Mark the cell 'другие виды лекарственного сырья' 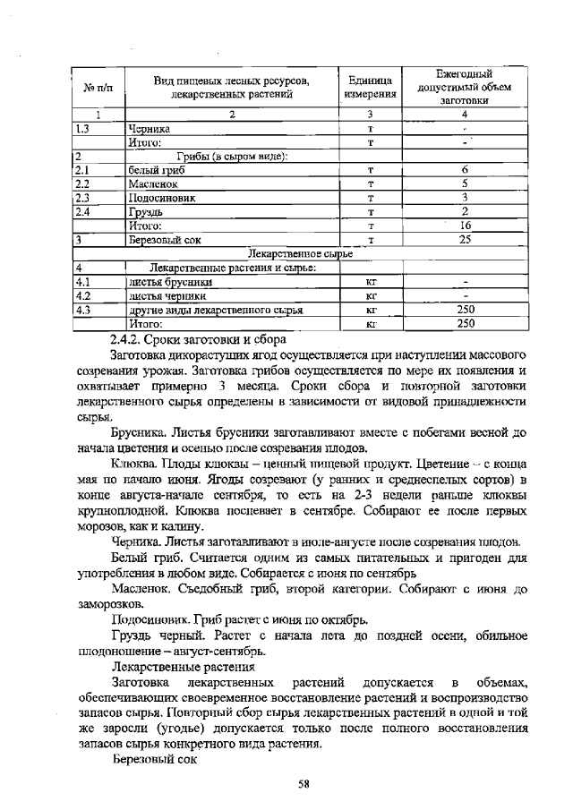(x=215, y=310)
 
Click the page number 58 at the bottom (x=304, y=785)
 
